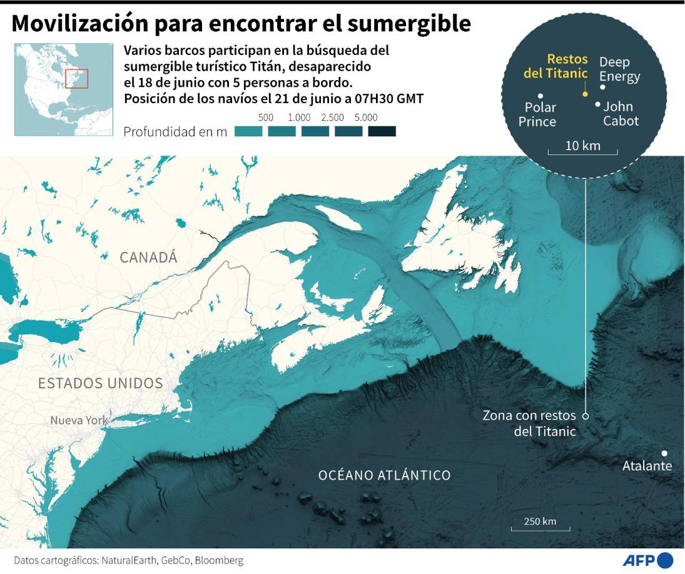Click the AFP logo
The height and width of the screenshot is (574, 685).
click(647, 560)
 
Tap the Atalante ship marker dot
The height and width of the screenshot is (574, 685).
click(664, 453)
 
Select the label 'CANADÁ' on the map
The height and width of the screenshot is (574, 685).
click(149, 257)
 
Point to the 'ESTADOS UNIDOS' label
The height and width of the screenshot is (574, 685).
click(101, 383)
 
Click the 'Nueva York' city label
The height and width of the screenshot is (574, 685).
click(78, 420)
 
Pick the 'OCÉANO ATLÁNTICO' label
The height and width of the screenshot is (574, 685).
click(384, 475)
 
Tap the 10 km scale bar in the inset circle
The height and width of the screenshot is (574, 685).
click(582, 152)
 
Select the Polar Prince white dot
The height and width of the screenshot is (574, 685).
click(540, 96)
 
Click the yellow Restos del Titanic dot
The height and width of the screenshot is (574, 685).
click(584, 94)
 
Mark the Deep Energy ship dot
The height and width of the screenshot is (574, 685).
click(602, 87)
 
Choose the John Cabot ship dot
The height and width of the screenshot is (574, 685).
click(598, 104)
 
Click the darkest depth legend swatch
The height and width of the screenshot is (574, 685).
click(382, 131)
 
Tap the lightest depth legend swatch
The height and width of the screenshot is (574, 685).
click(248, 131)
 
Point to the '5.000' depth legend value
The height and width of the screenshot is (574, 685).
click(365, 118)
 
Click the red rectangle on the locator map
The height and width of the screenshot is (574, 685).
click(77, 79)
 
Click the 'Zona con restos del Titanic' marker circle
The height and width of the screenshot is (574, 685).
click(586, 415)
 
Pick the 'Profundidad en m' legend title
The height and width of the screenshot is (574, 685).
click(175, 132)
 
